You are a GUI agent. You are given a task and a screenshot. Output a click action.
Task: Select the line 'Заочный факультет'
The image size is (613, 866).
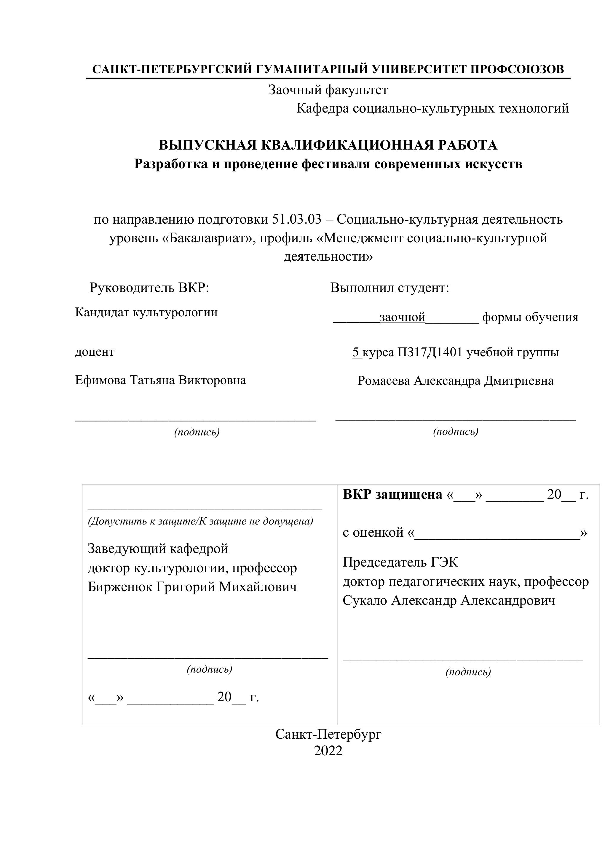[x=328, y=90]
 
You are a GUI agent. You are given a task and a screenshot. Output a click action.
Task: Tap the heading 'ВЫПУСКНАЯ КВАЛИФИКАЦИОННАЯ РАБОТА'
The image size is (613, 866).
[x=328, y=145]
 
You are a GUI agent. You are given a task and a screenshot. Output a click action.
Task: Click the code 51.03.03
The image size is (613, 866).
[x=296, y=219]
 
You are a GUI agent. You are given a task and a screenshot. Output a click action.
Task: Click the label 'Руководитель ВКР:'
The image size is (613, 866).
[x=149, y=288]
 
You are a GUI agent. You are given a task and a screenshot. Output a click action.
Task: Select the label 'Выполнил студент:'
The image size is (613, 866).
[x=389, y=288]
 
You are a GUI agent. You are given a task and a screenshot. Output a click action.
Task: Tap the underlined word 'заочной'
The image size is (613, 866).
[x=402, y=317]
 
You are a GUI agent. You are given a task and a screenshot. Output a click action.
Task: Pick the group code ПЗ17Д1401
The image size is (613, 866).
[x=430, y=352]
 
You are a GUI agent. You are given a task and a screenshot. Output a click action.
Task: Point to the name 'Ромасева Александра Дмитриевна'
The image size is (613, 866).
[x=456, y=381]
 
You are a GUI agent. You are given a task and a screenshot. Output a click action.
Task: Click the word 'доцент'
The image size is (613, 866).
[x=95, y=352]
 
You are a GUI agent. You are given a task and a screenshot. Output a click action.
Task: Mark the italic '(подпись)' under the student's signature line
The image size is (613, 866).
[x=456, y=431]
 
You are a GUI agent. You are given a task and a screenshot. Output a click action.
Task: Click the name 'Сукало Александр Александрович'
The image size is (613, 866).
[x=449, y=600]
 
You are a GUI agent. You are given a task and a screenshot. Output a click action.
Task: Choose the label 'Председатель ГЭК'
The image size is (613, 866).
[x=400, y=562]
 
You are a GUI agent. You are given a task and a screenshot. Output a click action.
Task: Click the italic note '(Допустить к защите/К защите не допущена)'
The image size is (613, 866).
[x=200, y=521]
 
